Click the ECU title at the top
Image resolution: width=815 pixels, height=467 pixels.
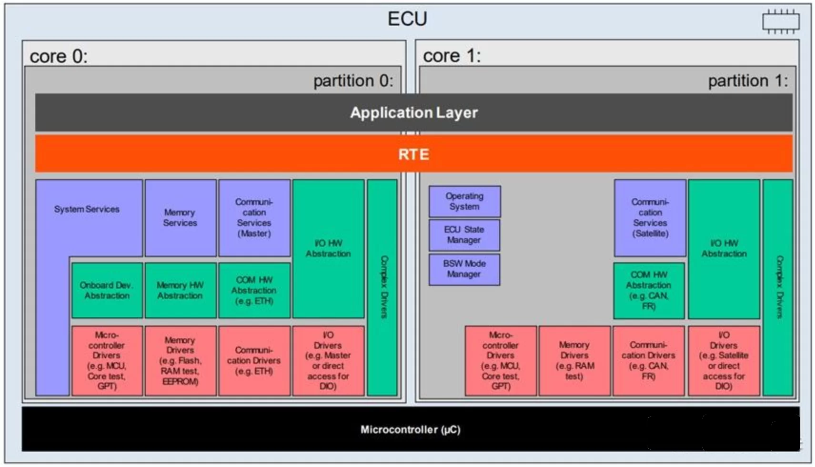pos(407,19)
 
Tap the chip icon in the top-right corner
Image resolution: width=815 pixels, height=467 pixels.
pos(780,22)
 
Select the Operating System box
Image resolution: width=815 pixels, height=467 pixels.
pos(464,202)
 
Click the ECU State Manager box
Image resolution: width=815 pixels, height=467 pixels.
pos(464,235)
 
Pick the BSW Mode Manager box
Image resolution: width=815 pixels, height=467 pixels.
pos(464,269)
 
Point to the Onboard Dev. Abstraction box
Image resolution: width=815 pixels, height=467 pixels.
pos(107,290)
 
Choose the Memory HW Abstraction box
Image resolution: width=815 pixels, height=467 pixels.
pos(180,290)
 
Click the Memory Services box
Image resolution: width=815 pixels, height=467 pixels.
pos(180,218)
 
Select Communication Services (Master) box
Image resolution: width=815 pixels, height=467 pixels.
pos(254,218)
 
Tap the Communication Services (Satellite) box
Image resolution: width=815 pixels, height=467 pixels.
pos(650,218)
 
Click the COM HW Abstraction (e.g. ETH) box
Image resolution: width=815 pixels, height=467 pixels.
pos(254,290)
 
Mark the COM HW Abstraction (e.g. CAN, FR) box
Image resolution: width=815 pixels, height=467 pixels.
pos(649,290)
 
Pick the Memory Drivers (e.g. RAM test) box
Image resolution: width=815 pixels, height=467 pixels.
pos(574,361)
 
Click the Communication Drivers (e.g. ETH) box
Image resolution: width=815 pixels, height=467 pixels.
pos(254,361)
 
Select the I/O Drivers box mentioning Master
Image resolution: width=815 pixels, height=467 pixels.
pos(328,361)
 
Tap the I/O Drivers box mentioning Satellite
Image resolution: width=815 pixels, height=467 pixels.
pos(724,361)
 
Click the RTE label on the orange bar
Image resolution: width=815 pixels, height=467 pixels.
pos(413,154)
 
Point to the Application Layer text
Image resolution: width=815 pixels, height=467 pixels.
pos(413,113)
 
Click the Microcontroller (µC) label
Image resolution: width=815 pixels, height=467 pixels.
pos(410,430)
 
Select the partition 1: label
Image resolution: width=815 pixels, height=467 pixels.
pos(747,81)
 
